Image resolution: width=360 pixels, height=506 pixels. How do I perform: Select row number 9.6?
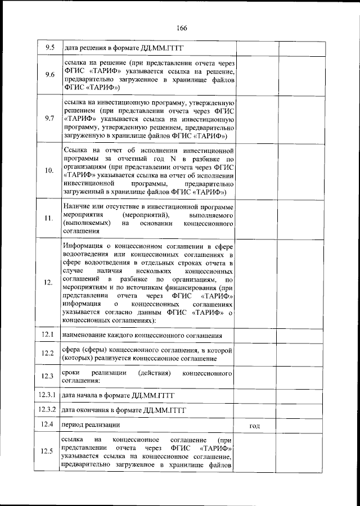coord(49,75)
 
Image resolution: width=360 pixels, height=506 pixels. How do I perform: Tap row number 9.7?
coord(49,119)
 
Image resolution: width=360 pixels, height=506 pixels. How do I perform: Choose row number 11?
coord(49,219)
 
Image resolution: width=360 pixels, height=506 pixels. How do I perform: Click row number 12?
coord(49,283)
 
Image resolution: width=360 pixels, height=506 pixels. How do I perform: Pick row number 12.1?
coord(48,335)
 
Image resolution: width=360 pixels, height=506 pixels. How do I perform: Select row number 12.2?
coord(48,354)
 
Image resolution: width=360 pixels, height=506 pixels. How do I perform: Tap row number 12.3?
coord(48,376)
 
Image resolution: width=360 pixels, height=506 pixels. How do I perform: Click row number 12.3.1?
coord(48,395)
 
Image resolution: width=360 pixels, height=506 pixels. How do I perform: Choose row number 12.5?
coord(48,451)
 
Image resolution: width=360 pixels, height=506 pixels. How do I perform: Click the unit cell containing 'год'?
coord(254,427)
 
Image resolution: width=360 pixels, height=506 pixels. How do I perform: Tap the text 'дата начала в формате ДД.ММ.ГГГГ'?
coord(119,396)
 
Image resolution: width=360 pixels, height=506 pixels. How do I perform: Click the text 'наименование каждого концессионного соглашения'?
coord(141,336)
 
